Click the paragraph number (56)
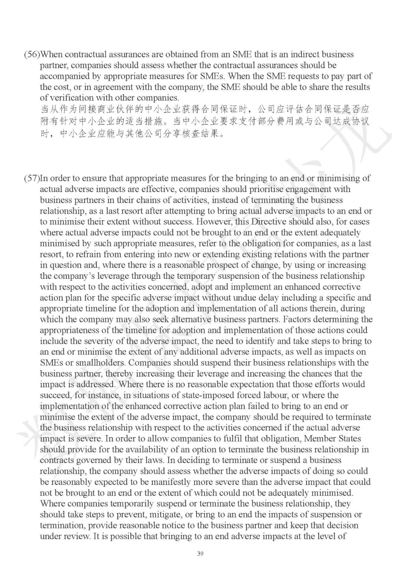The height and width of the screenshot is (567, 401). click(32, 55)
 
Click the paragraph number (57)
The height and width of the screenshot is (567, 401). click(32, 179)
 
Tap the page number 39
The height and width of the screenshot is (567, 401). click(200, 554)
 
